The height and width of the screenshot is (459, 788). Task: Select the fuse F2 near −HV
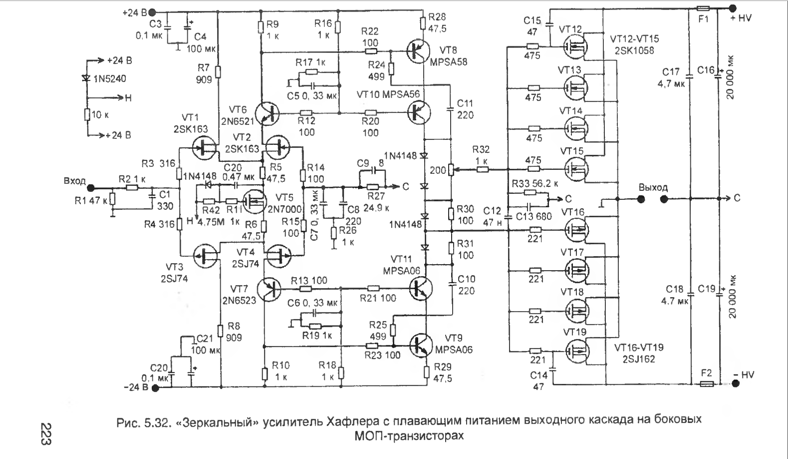(707, 384)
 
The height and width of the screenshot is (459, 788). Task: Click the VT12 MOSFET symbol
(575, 46)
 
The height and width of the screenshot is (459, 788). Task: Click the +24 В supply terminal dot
(153, 12)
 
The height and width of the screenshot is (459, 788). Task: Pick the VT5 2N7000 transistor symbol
(255, 201)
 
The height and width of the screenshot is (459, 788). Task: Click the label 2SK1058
(632, 50)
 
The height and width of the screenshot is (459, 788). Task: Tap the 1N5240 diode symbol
(87, 78)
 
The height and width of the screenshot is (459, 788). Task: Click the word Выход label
(653, 187)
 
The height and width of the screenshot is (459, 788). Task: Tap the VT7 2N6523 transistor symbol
(270, 288)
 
